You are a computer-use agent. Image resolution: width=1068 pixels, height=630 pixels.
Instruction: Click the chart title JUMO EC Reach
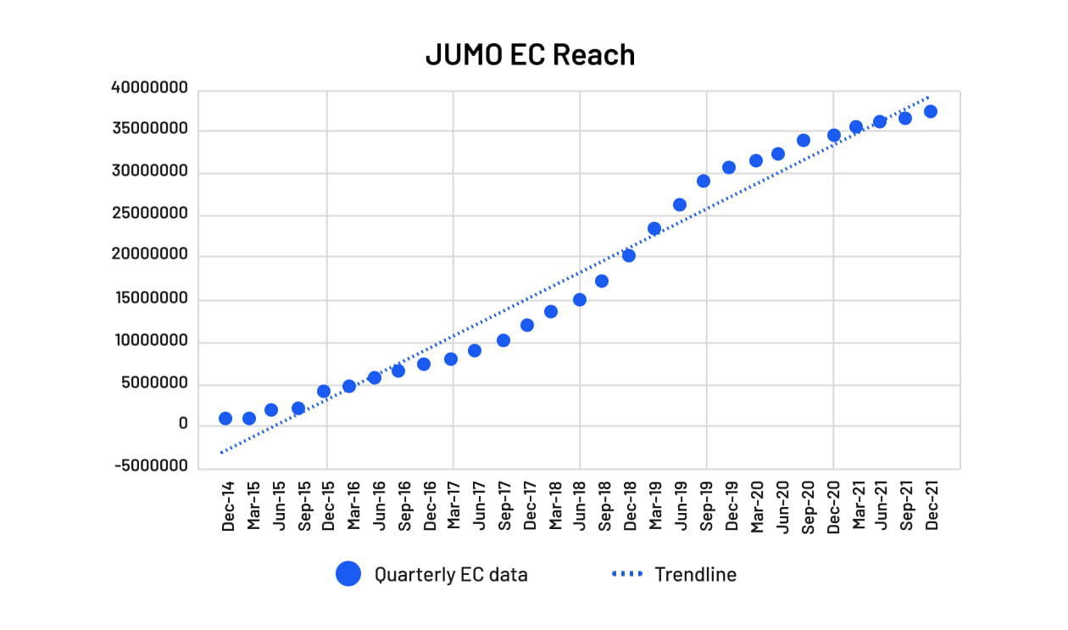(x=530, y=54)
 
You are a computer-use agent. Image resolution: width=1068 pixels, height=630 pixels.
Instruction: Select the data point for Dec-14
(x=225, y=418)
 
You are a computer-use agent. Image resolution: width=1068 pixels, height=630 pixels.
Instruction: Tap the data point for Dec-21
(x=931, y=111)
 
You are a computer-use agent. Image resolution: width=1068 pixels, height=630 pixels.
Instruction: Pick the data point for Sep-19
(x=704, y=181)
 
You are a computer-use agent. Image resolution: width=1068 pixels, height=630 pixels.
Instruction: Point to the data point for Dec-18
(x=629, y=255)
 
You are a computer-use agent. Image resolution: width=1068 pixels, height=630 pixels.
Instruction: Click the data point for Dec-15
(x=324, y=391)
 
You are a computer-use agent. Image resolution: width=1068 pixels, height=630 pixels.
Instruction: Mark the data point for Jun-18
(x=580, y=299)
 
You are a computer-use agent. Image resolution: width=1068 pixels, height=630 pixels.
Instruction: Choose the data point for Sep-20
(x=804, y=140)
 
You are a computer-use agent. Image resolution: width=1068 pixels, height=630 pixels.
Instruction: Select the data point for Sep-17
(x=503, y=340)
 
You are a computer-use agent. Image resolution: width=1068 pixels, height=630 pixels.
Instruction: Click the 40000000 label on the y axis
(x=150, y=88)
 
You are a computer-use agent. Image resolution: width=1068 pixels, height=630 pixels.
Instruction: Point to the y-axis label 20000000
(x=150, y=256)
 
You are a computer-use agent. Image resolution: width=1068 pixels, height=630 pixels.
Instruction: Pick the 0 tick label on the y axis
(x=183, y=424)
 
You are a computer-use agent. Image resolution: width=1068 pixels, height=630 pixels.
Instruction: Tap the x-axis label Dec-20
(x=833, y=506)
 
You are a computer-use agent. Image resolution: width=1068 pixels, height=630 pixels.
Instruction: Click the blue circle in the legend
(x=348, y=574)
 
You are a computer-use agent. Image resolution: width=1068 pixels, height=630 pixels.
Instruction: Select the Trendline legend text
(x=695, y=574)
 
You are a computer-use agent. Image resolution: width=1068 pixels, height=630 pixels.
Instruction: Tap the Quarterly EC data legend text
(x=451, y=574)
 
